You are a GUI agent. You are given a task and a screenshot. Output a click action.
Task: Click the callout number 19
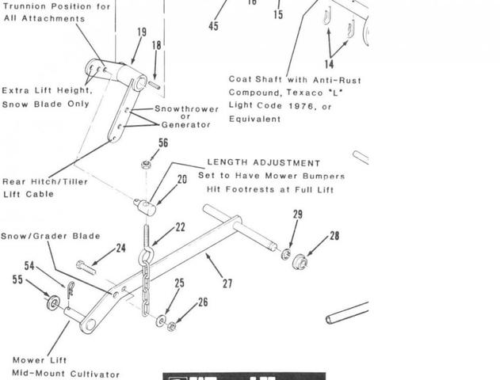(x=142, y=32)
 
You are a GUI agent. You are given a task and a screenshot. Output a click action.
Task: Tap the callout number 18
(x=157, y=46)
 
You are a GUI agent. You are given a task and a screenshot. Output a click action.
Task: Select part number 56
(x=163, y=143)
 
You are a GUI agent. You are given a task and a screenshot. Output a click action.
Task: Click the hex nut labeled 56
(x=146, y=165)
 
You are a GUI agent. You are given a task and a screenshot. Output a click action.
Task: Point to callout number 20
(x=182, y=180)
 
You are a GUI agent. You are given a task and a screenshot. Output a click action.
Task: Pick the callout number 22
(x=180, y=227)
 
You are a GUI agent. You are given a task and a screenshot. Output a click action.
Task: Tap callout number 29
(x=298, y=215)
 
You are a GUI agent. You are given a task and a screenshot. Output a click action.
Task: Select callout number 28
(x=334, y=236)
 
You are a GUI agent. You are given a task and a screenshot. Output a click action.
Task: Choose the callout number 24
(x=120, y=248)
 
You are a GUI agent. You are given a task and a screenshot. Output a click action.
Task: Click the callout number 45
(x=214, y=26)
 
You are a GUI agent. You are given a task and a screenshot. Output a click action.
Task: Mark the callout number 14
(x=329, y=63)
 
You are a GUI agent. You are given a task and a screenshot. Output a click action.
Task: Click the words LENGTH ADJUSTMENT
(x=265, y=163)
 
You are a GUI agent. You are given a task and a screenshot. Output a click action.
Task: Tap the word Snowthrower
(x=181, y=108)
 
